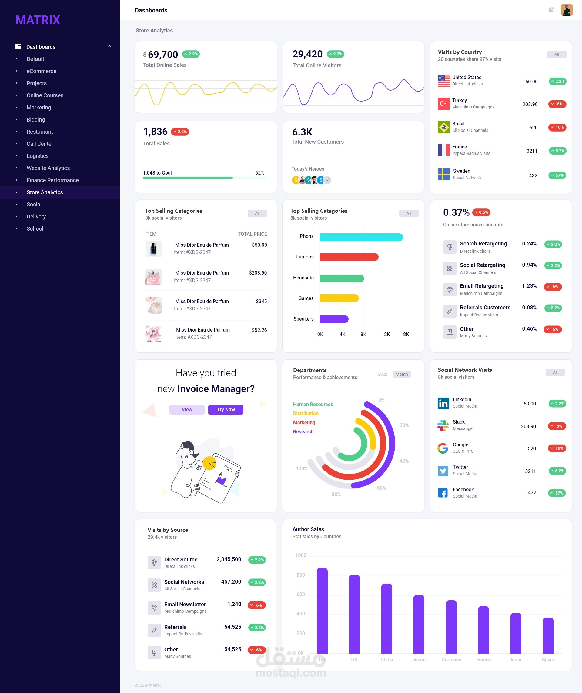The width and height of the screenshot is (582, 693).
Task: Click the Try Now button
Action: point(226,410)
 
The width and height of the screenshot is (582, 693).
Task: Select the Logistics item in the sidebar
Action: point(38,156)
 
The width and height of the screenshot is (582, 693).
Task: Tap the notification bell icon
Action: point(551,10)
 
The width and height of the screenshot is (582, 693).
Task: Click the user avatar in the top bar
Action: point(567,10)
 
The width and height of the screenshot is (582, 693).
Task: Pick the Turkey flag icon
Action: point(444,104)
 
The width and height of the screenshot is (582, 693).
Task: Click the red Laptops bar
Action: point(349,257)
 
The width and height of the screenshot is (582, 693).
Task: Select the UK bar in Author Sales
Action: point(354,614)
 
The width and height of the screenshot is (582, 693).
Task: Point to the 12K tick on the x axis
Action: point(385,334)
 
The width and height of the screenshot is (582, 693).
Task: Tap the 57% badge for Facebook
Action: point(557,493)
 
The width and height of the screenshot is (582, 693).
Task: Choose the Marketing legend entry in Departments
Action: point(304,422)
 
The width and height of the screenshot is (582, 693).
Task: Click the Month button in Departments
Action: point(401,374)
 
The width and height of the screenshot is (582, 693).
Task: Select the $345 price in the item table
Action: point(261,301)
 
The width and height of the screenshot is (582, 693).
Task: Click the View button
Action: point(187,410)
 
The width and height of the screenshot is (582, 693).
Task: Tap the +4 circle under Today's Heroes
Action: point(327,180)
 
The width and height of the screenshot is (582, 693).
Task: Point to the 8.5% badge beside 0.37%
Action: point(481,212)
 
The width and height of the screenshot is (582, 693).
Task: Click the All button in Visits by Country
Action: point(557,55)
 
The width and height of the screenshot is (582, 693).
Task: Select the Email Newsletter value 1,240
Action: point(234,604)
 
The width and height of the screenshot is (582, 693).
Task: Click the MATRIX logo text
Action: point(38,20)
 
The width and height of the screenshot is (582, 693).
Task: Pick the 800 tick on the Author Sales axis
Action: point(301,575)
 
